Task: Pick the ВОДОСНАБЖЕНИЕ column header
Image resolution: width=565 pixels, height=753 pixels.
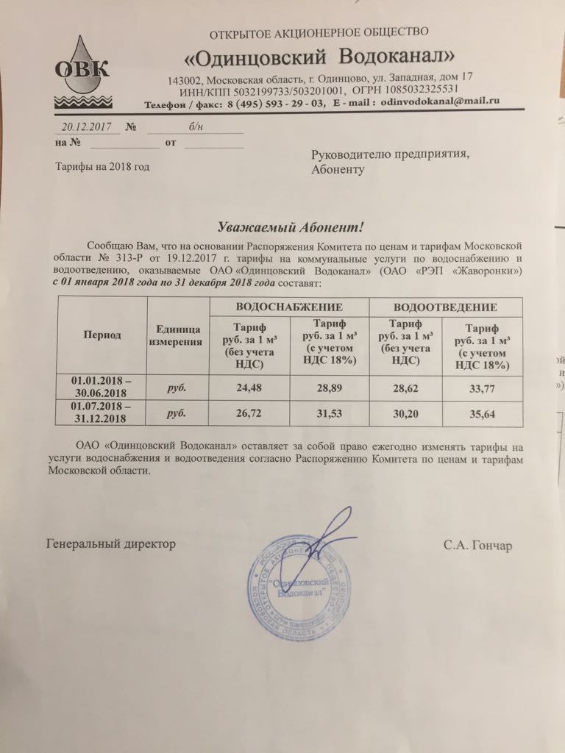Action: point(288,306)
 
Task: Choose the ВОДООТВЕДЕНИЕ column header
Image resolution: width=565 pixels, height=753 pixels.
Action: point(445,306)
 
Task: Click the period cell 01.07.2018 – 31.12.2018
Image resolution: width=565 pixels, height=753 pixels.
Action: point(102,412)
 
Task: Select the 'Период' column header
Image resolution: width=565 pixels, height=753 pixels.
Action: point(102,335)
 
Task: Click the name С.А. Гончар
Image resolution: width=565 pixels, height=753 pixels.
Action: point(476,546)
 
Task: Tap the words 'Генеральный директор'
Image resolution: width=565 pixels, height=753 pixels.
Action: point(111,544)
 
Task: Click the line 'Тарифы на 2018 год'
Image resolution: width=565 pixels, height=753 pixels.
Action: point(103,167)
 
